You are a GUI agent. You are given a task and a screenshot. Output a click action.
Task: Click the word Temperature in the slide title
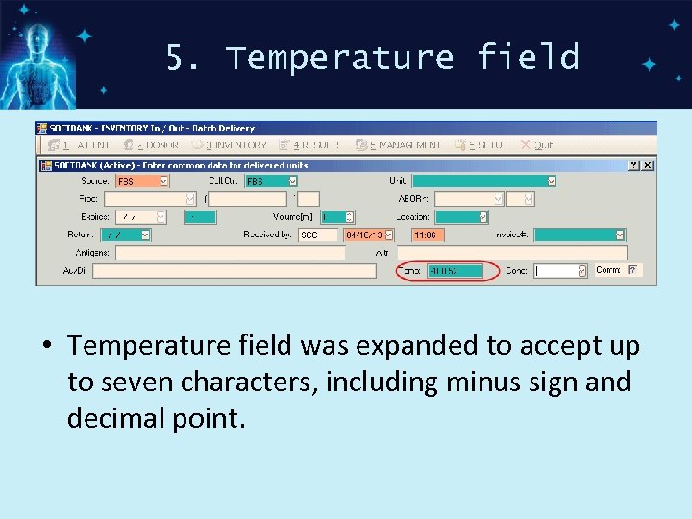point(339,59)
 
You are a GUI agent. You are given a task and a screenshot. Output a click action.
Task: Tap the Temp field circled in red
point(455,271)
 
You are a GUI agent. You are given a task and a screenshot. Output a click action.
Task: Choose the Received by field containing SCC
point(318,235)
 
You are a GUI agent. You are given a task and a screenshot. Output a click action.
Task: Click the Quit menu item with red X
point(537,145)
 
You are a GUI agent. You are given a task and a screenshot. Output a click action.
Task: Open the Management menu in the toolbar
point(398,145)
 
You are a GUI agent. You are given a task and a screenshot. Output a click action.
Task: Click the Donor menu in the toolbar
point(158,145)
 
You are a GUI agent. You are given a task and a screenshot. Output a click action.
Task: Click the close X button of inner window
point(648,165)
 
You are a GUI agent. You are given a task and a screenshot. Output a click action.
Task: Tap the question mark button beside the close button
point(634,165)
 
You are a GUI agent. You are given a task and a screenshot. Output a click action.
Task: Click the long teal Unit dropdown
point(484,181)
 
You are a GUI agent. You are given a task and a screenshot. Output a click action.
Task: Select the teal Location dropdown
point(461,217)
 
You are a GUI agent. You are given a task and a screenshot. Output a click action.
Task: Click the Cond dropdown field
point(560,271)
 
